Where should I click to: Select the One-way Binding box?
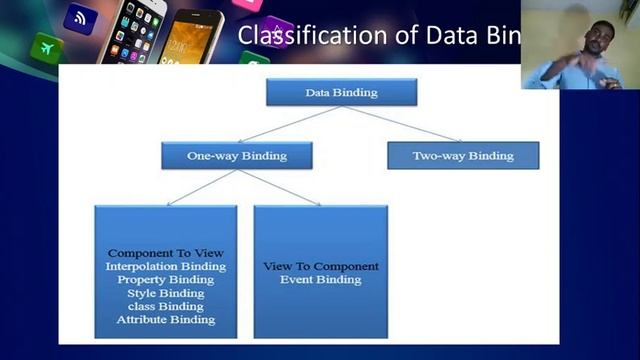pyautogui.click(x=236, y=155)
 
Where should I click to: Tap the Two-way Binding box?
pyautogui.click(x=462, y=155)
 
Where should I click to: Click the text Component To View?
pyautogui.click(x=166, y=253)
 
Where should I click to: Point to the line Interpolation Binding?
pyautogui.click(x=166, y=266)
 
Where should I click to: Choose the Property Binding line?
pyautogui.click(x=166, y=279)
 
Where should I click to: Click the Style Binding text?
pyautogui.click(x=166, y=293)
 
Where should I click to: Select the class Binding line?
pyautogui.click(x=166, y=306)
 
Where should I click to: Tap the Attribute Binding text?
pyautogui.click(x=166, y=319)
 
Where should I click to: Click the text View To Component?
pyautogui.click(x=320, y=266)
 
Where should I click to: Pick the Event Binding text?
pyautogui.click(x=320, y=280)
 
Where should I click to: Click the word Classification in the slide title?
pyautogui.click(x=296, y=36)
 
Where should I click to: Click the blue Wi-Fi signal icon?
pyautogui.click(x=80, y=16)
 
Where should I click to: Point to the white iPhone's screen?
pyautogui.click(x=135, y=35)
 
